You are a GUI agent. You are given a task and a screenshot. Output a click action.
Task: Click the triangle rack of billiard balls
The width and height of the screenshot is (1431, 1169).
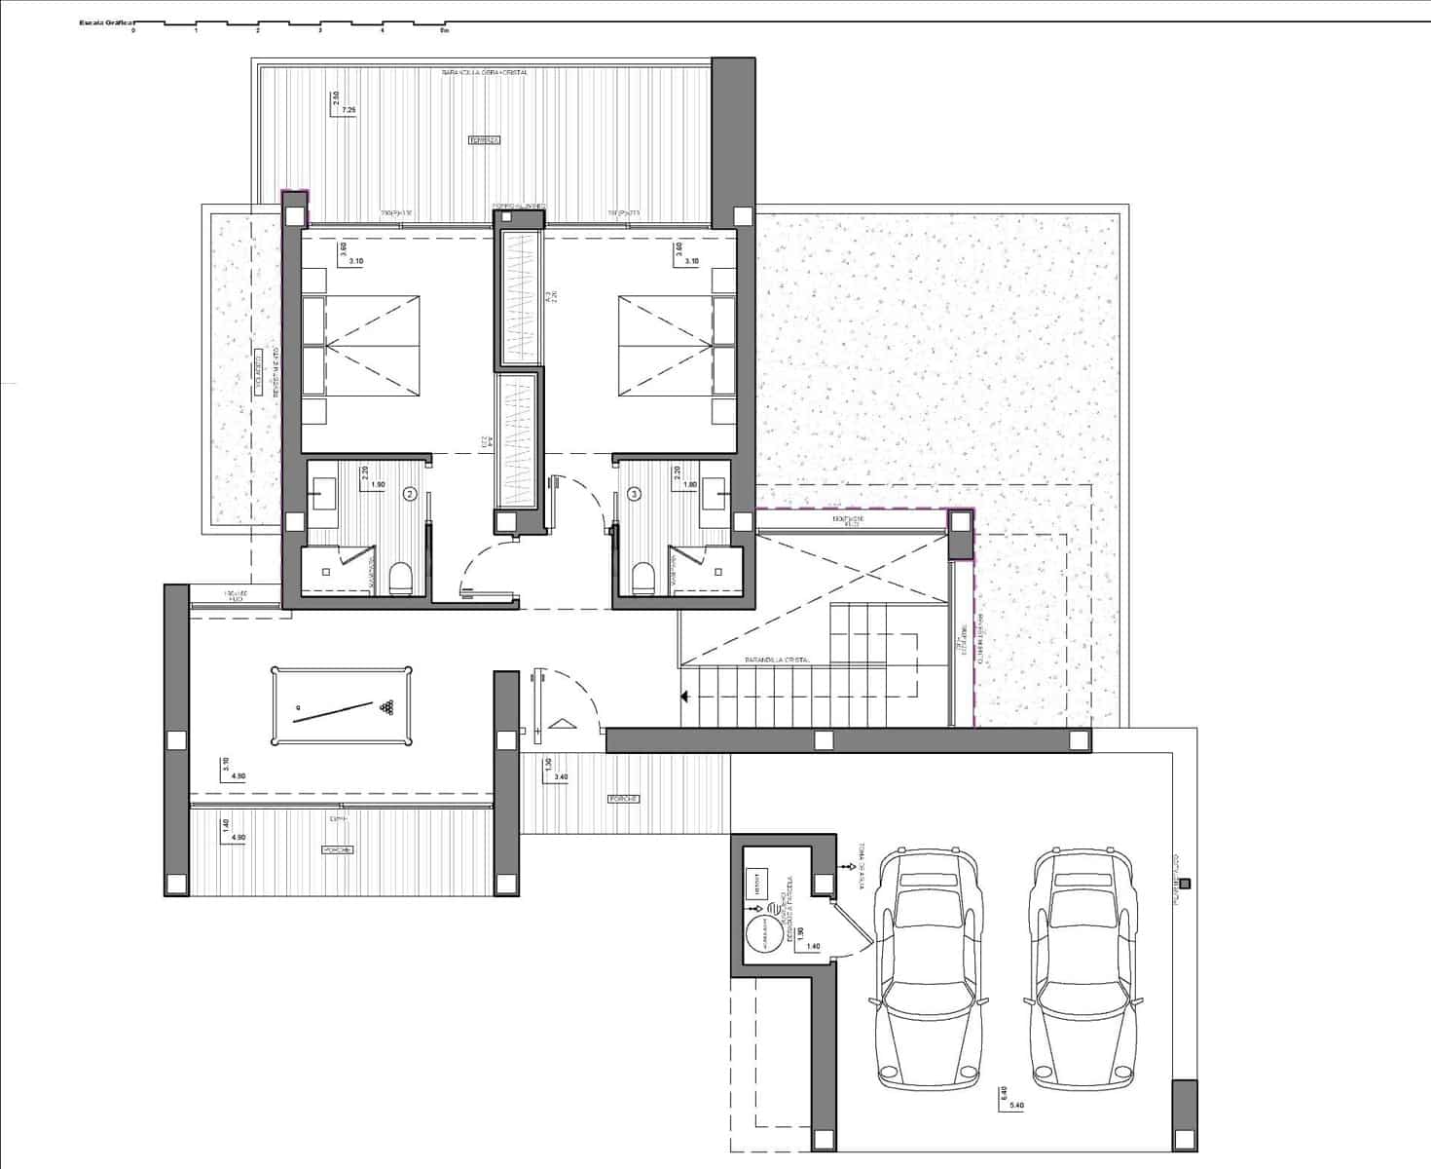pos(389,707)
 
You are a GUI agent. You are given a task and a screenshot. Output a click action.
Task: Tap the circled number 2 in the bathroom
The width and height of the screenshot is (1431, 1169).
pos(411,494)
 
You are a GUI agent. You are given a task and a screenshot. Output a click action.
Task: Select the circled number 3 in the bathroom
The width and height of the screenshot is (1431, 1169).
pos(635,494)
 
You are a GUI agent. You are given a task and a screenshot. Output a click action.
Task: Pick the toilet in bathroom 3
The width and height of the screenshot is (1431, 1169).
pos(642,579)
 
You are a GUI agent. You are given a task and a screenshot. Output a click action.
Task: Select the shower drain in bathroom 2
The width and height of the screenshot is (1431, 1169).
pos(340,571)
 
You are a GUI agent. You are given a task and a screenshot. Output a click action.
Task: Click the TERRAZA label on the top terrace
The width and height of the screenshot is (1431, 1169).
pos(484,140)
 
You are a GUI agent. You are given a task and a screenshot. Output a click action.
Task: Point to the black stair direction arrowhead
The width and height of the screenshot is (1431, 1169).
pos(685,696)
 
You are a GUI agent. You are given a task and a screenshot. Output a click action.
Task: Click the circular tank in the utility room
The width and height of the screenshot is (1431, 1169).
pos(764,936)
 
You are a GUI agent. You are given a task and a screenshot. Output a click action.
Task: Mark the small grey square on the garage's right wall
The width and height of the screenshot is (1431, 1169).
pos(1185,885)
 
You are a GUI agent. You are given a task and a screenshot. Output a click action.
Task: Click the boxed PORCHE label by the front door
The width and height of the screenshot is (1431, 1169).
pos(623,799)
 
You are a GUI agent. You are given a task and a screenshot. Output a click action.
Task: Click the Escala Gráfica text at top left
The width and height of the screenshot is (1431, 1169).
pos(106,21)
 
